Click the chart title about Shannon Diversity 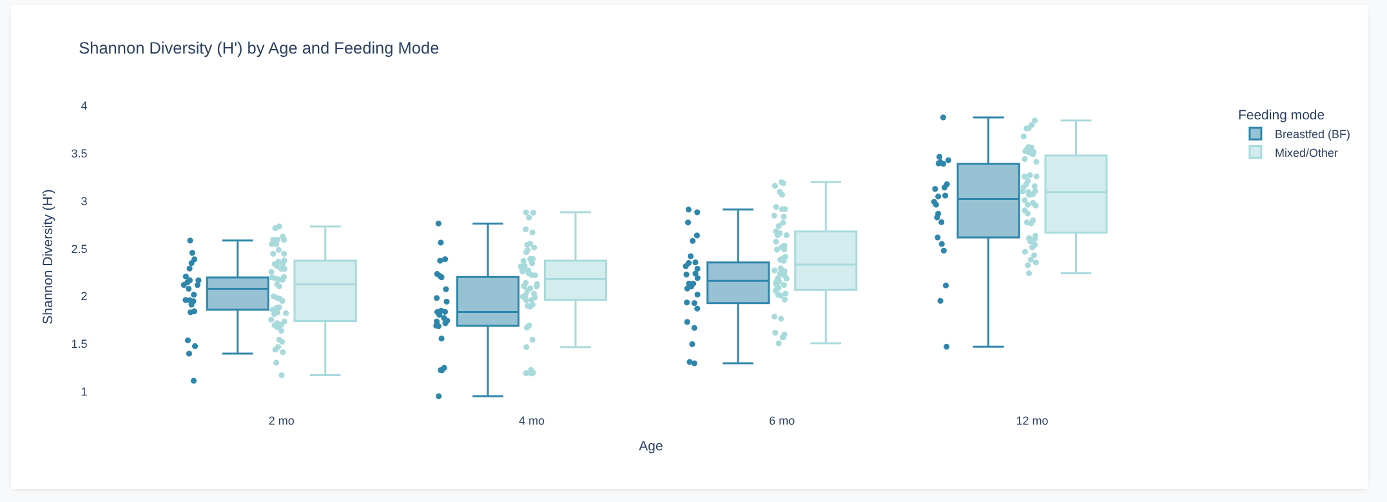pos(258,48)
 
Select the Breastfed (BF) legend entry pos(1312,134)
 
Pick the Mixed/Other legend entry pos(1306,153)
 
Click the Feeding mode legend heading pos(1281,115)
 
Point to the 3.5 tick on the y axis pos(79,154)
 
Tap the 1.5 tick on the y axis pos(79,344)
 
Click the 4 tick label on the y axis pos(84,106)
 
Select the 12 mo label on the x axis pos(1032,421)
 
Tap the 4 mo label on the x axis pos(531,421)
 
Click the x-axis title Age pos(650,446)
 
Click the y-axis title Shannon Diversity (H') pos(48,257)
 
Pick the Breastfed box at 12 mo pos(988,219)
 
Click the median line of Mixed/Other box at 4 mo pos(576,279)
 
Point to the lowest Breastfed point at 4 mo pos(439,396)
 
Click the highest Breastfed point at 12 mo pos(943,117)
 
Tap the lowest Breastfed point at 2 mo pos(193,381)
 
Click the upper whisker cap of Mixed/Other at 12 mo pos(1076,121)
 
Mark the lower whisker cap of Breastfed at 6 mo pos(738,363)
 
